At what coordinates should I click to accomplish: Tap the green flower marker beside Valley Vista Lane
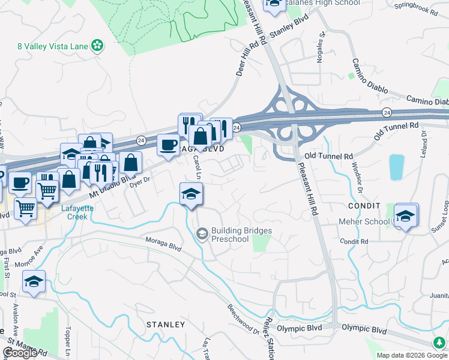point(97,46)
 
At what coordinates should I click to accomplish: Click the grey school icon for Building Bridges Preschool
point(202,234)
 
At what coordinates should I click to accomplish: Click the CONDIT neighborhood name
point(364,205)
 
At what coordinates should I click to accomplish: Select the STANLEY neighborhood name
point(166,324)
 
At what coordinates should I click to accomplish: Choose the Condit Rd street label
point(354,241)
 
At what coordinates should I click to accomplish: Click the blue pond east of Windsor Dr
point(397,167)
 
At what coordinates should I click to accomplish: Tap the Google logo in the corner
point(20,353)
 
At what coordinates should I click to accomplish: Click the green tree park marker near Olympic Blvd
point(439,341)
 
